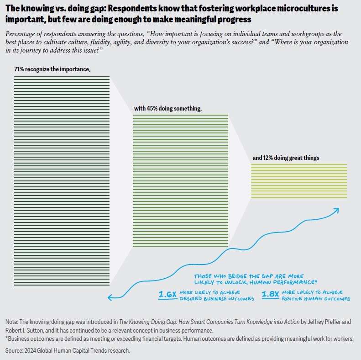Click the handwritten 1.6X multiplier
click(x=167, y=295)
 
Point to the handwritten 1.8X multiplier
click(x=270, y=295)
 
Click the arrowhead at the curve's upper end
click(x=337, y=210)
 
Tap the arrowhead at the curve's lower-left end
click(x=110, y=297)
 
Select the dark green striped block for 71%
click(x=62, y=181)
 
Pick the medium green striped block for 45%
click(x=180, y=181)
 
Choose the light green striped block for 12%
click(x=299, y=180)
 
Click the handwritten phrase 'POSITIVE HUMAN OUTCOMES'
click(x=316, y=299)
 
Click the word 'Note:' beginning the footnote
click(x=13, y=321)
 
